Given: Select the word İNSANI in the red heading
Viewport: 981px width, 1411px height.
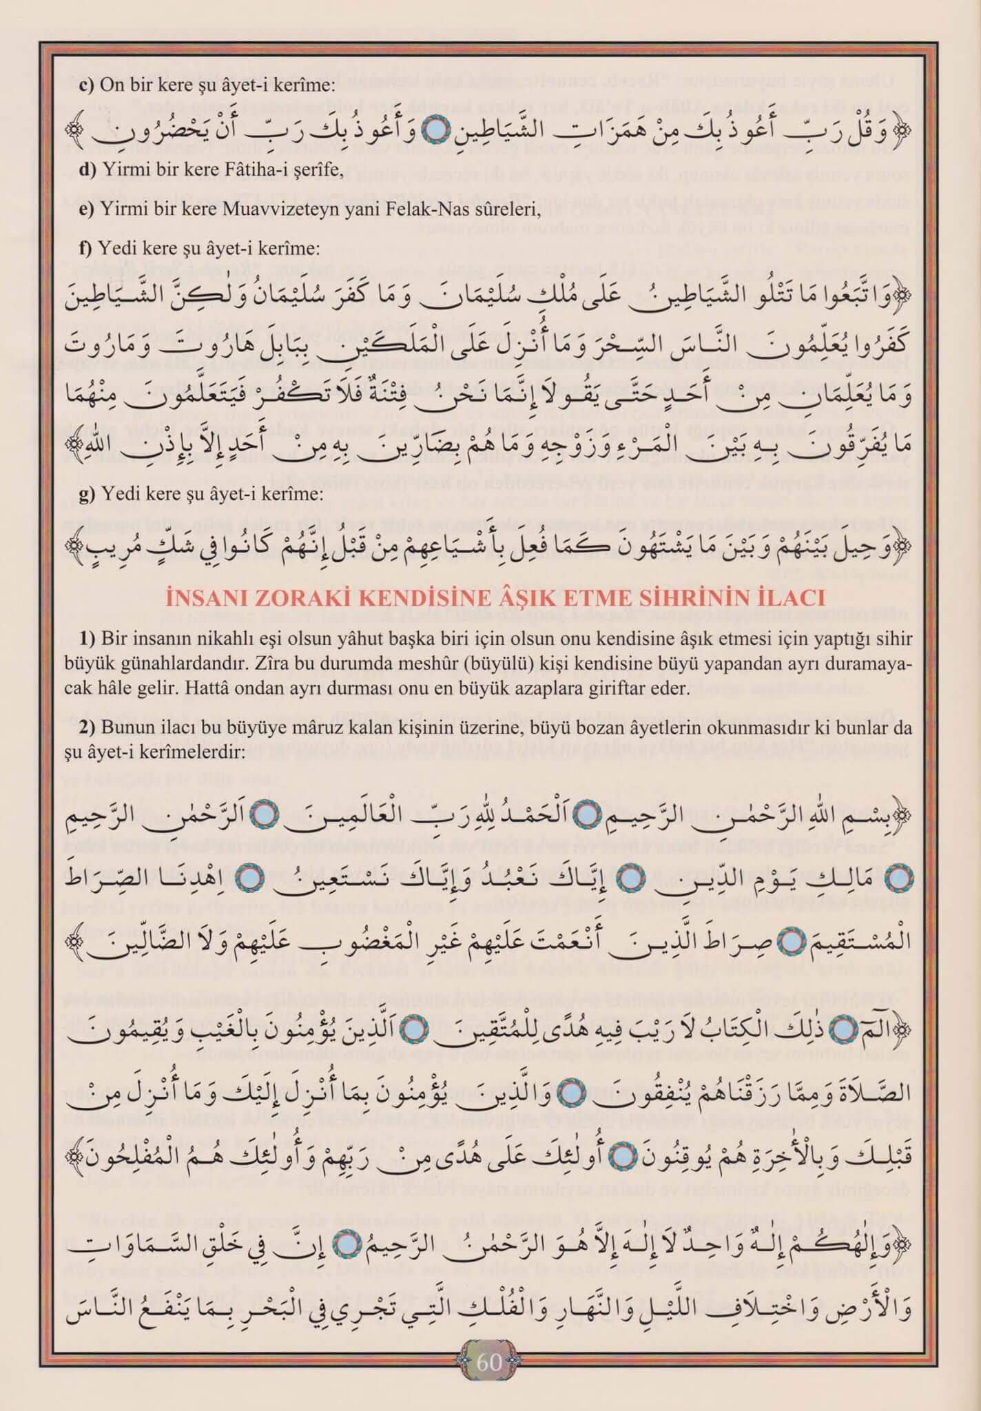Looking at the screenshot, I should point(204,598).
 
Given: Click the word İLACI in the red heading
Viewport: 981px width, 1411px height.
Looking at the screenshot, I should point(792,598).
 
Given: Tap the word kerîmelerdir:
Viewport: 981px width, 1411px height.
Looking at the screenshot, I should point(199,753).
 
